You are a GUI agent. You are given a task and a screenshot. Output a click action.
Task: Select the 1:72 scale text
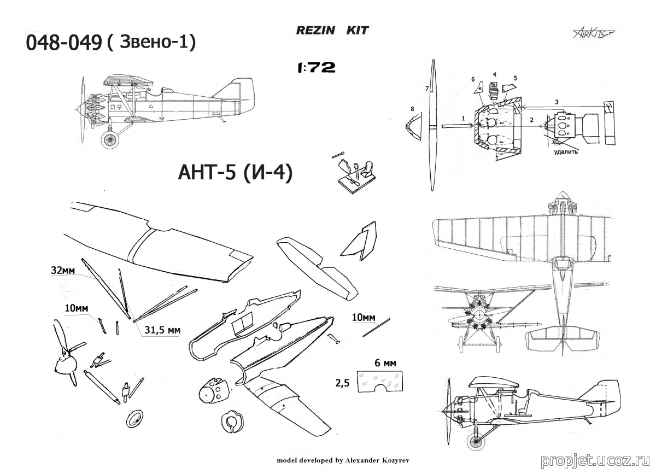(317, 68)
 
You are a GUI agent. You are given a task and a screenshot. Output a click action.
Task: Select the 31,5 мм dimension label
(163, 330)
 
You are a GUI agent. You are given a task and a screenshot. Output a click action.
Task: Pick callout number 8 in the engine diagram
(412, 109)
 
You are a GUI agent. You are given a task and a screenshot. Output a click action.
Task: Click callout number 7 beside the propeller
(426, 88)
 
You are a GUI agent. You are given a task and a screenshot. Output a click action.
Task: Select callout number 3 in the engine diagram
(556, 102)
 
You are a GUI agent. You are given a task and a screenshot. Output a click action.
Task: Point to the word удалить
(566, 152)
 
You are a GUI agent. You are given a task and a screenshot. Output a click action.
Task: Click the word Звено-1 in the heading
(156, 43)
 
